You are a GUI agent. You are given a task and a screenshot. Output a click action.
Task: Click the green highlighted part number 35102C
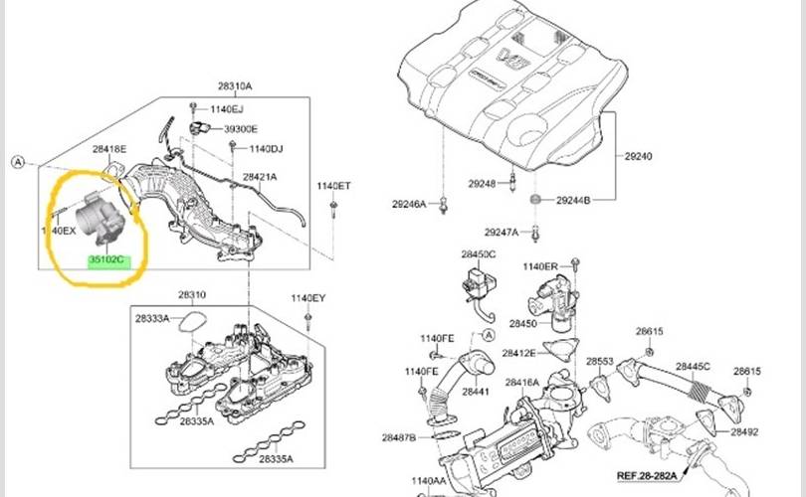[106, 260]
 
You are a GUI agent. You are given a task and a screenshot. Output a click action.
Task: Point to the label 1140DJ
[266, 148]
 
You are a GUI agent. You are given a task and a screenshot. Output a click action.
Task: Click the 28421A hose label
[261, 177]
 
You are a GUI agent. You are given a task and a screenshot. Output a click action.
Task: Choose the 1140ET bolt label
[333, 186]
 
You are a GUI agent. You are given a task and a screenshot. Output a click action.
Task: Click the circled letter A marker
[17, 160]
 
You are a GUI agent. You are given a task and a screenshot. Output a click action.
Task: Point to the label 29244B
[573, 201]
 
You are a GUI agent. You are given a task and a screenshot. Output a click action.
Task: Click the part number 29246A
[409, 204]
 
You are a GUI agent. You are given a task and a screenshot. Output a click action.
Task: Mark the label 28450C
[478, 255]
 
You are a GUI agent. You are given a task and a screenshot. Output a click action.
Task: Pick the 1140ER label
[540, 266]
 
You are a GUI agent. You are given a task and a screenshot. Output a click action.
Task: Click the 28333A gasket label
[151, 318]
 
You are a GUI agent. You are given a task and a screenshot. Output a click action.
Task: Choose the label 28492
[744, 432]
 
